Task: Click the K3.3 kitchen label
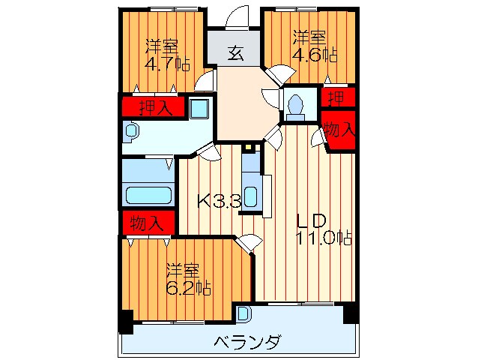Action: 219,201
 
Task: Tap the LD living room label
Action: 309,221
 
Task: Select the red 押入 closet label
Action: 152,106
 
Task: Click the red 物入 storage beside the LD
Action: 339,130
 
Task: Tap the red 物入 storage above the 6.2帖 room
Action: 147,223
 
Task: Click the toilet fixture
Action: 294,105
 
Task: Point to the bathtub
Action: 148,196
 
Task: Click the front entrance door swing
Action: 238,16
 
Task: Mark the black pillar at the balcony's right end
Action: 349,313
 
